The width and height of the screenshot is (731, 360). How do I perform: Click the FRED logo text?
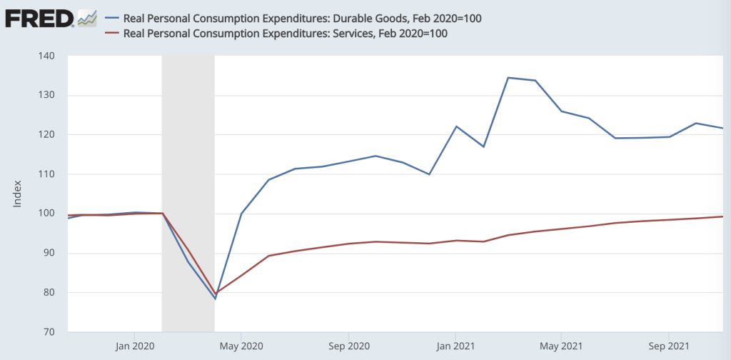(x=39, y=18)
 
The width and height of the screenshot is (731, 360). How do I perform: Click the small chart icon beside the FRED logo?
(x=87, y=18)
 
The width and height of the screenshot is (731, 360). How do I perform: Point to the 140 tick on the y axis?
(x=52, y=56)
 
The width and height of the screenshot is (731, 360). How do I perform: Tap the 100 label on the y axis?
(x=52, y=214)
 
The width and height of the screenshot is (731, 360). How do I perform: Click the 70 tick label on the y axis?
(x=55, y=332)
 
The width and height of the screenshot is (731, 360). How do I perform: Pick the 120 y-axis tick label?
(x=52, y=135)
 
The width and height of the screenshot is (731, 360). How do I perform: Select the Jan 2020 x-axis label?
(x=135, y=346)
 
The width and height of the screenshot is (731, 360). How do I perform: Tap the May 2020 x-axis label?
(x=242, y=346)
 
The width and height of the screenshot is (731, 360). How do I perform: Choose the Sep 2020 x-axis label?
(x=348, y=346)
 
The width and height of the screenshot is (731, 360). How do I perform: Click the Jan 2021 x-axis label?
(x=455, y=346)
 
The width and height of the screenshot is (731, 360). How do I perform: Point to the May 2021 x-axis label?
(x=561, y=346)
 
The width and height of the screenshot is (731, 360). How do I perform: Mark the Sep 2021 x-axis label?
(x=668, y=346)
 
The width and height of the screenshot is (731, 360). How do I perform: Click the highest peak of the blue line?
(x=508, y=77)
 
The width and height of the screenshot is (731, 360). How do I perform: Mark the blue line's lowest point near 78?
(x=215, y=299)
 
